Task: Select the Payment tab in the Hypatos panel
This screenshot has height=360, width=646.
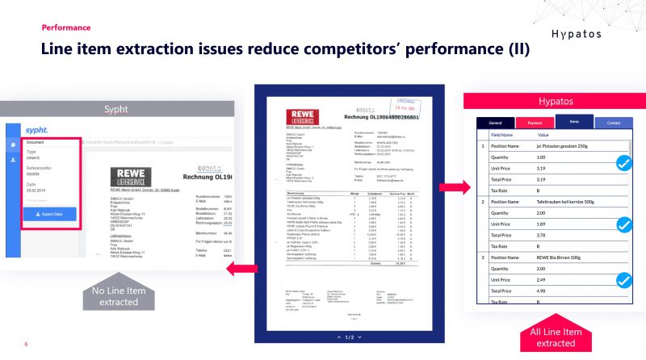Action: (535, 123)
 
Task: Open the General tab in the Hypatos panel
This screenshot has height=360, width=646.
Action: (495, 123)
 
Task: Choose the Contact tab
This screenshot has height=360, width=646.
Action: (613, 123)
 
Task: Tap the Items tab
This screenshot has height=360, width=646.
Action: (573, 122)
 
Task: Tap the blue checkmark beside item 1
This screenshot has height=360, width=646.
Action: (623, 163)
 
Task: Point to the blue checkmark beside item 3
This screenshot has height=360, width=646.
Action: (623, 281)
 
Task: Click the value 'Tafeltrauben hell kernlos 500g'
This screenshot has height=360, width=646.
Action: (570, 202)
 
